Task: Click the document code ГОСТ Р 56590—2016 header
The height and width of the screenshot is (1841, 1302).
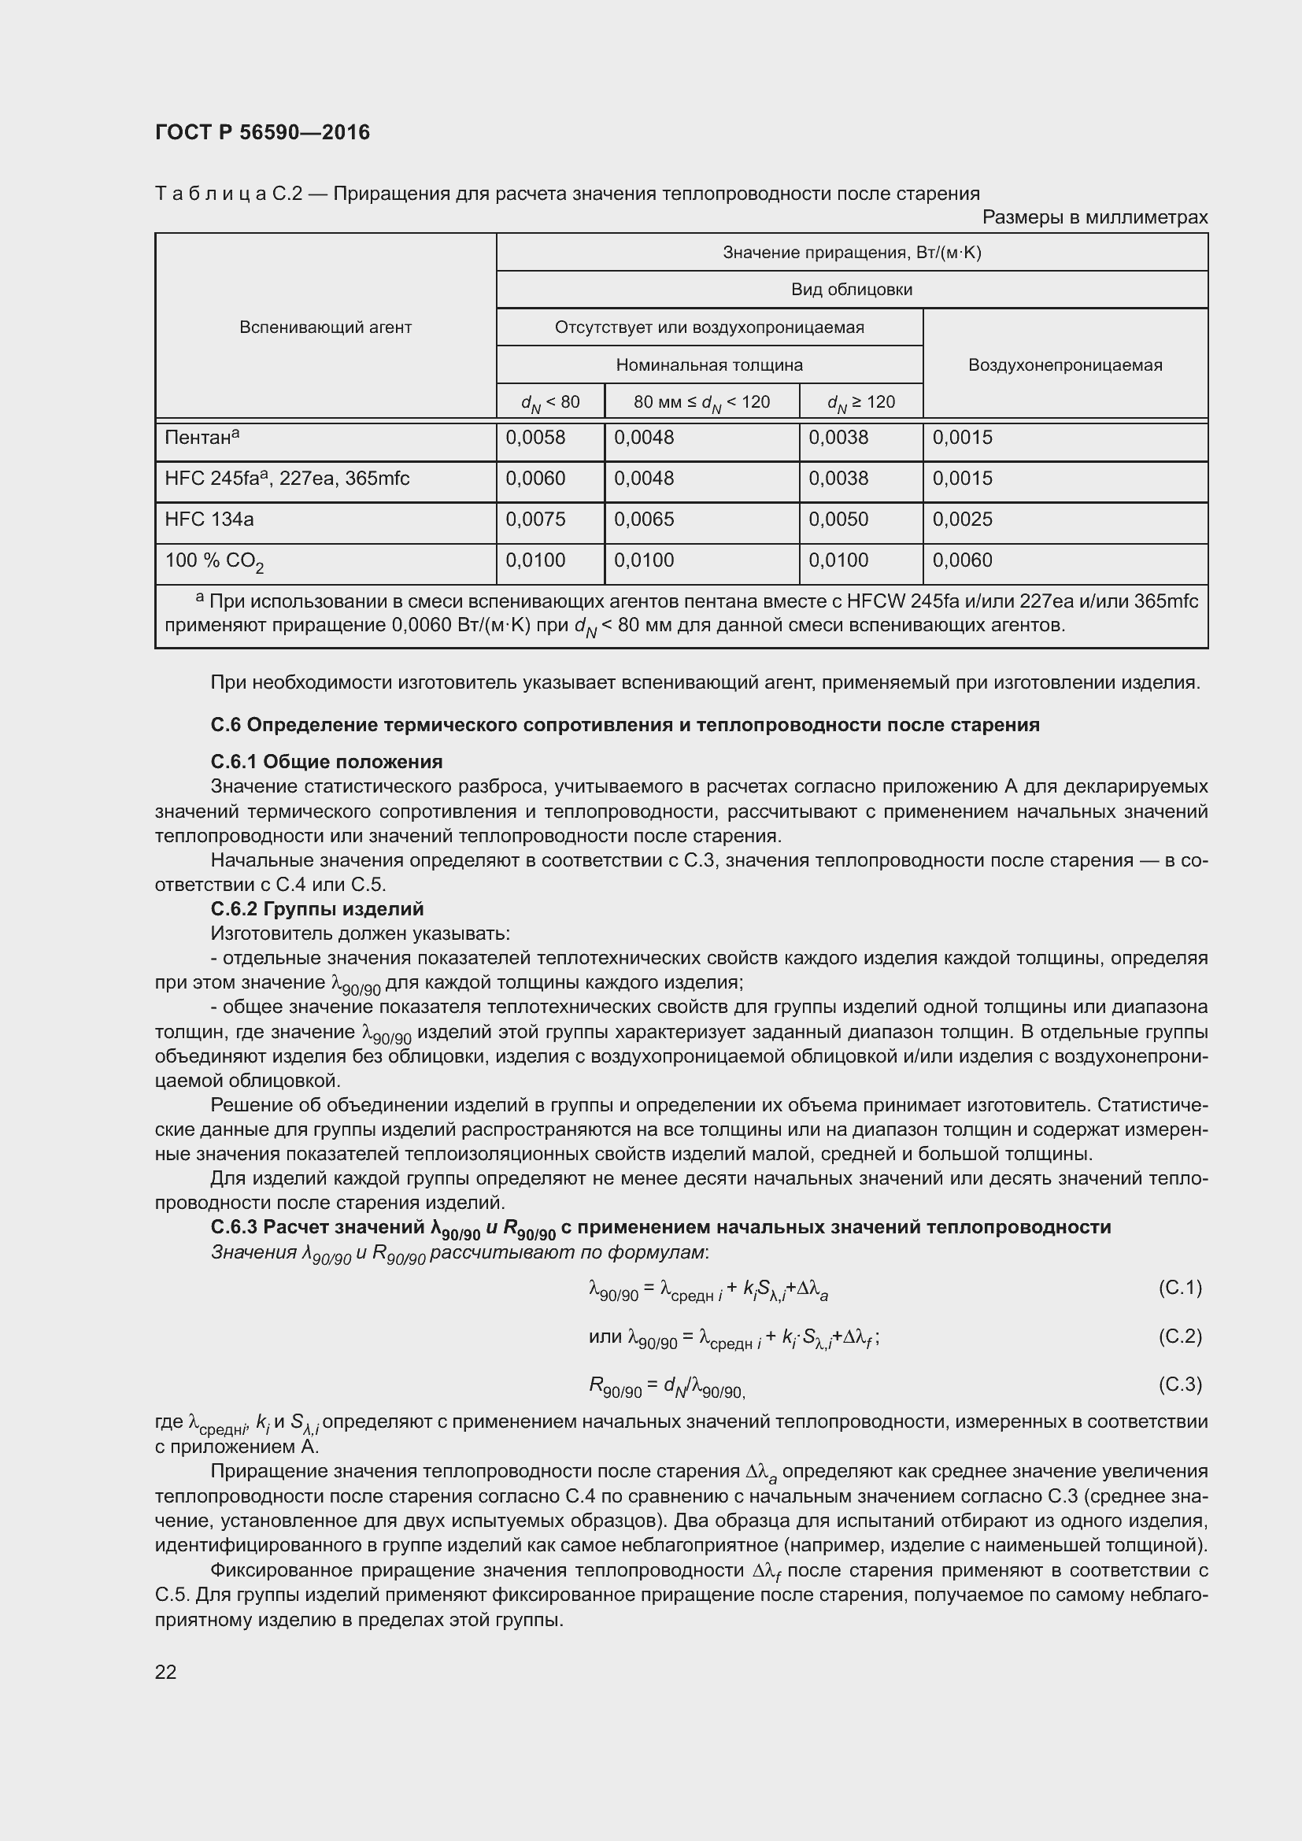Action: click(x=262, y=132)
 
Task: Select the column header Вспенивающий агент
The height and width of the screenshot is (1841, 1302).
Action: click(x=326, y=327)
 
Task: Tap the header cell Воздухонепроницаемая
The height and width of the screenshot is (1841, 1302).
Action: click(x=1065, y=365)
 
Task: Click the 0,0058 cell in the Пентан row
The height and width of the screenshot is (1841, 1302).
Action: click(x=534, y=438)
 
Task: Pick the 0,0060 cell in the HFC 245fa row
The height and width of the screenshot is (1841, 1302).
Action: click(x=534, y=479)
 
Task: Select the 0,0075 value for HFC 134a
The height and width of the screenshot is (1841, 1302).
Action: click(x=534, y=519)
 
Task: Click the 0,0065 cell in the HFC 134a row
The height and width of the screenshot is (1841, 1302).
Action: click(x=644, y=519)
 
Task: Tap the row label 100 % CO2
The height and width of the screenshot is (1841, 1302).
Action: click(x=214, y=561)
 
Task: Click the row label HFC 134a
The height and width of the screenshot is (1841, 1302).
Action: click(x=209, y=519)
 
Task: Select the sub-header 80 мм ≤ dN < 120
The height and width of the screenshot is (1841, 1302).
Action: click(x=701, y=401)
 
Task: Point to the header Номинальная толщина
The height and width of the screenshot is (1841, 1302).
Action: click(x=708, y=365)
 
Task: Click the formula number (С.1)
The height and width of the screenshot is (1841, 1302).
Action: click(x=1179, y=1288)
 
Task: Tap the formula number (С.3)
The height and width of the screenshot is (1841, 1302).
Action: click(x=1179, y=1384)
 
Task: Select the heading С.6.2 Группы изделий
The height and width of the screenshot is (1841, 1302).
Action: click(x=316, y=908)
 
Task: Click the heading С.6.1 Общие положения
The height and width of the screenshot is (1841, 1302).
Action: click(x=327, y=761)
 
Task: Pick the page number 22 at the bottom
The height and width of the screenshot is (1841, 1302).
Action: click(x=165, y=1672)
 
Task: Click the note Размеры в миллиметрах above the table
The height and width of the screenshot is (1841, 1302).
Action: click(x=1094, y=217)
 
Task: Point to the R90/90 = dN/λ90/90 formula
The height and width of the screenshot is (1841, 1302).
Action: click(x=667, y=1385)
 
